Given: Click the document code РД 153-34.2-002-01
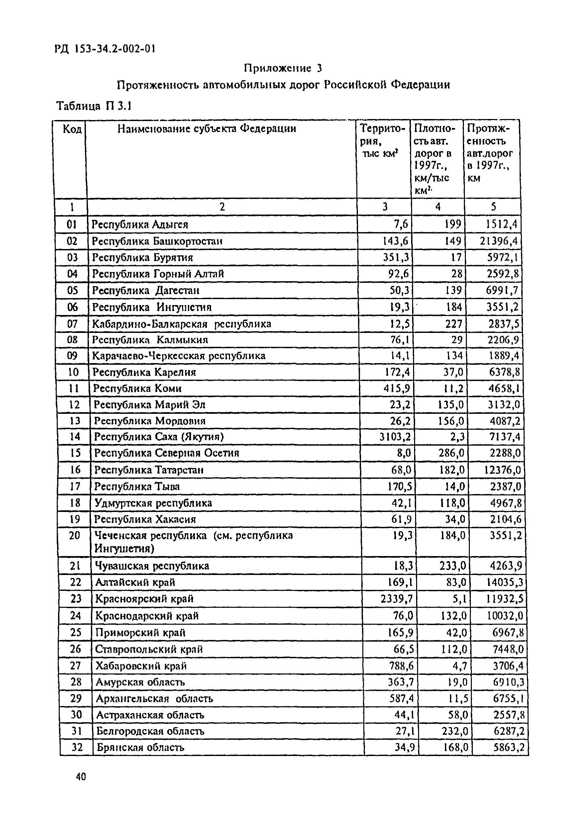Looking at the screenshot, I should [x=105, y=49].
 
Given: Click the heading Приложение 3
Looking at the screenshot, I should [x=283, y=68].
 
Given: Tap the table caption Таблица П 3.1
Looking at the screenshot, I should [x=94, y=106].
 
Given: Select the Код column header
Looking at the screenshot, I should [x=72, y=129].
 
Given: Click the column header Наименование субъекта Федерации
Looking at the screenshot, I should [x=207, y=129].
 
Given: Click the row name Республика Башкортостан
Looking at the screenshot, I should [x=157, y=241].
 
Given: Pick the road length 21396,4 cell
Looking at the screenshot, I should [x=499, y=241].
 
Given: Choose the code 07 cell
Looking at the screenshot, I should [x=72, y=324].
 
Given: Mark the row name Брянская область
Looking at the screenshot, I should [x=140, y=747].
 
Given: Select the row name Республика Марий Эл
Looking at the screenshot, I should [x=149, y=405].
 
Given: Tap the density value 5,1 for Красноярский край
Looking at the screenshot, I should [x=459, y=599].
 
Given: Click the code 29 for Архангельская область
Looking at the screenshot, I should [x=76, y=699].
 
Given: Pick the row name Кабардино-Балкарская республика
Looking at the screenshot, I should [x=181, y=324].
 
